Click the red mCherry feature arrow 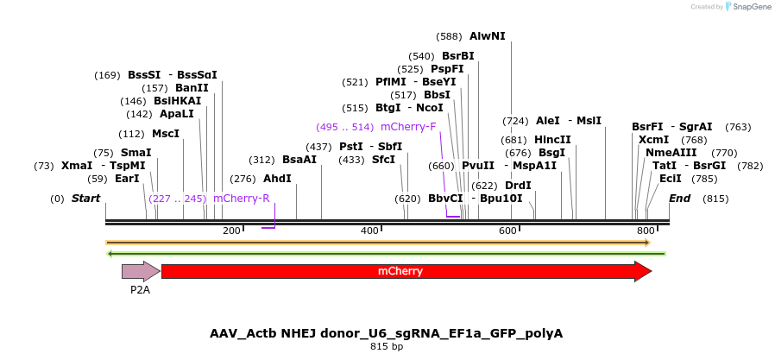coord(406,271)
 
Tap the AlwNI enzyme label coord(488,36)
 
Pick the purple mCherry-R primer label coord(242,199)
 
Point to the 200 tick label coord(231,231)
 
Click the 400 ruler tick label coord(369,231)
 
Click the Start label coord(85,199)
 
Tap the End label coord(680,199)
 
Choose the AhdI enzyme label coord(277,179)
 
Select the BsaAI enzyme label coord(299,160)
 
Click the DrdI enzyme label coord(518,186)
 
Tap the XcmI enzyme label coord(653,140)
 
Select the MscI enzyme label coord(166,134)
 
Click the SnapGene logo coord(747,7)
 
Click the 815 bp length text coord(386,347)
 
